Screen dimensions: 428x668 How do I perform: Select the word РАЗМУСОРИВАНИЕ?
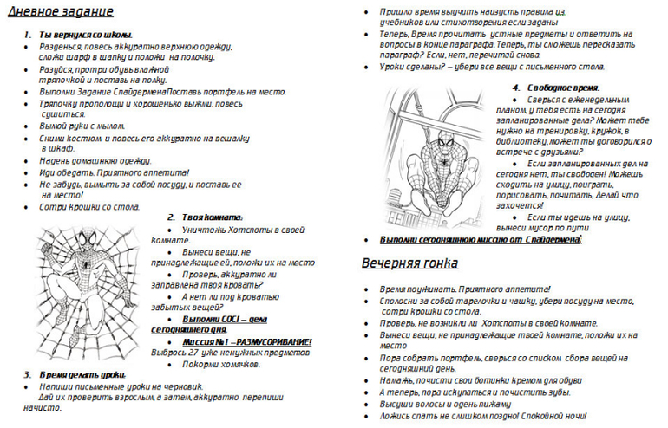click(268, 341)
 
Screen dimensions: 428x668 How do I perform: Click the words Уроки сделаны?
click(407, 67)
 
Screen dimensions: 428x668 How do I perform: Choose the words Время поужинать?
click(417, 287)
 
